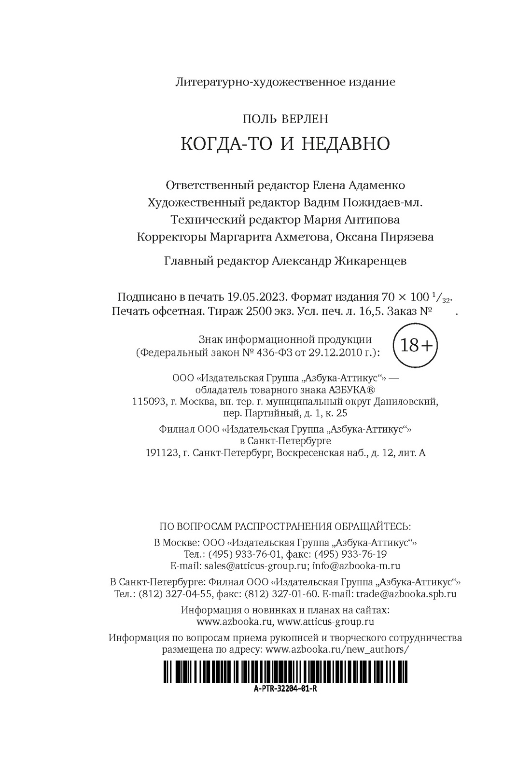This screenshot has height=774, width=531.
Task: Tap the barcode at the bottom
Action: click(x=285, y=672)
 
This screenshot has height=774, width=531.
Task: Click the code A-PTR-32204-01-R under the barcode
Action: click(x=285, y=689)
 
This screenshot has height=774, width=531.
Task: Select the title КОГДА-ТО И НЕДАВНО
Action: click(x=285, y=144)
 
